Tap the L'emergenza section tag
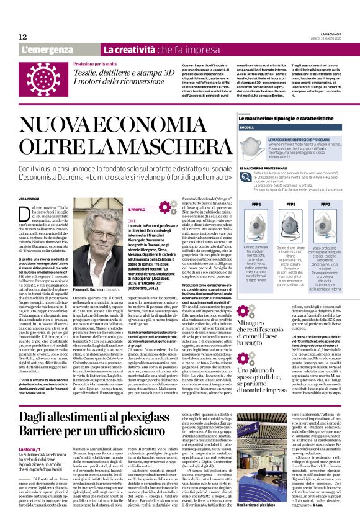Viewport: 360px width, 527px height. pyautogui.click(x=44, y=49)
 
